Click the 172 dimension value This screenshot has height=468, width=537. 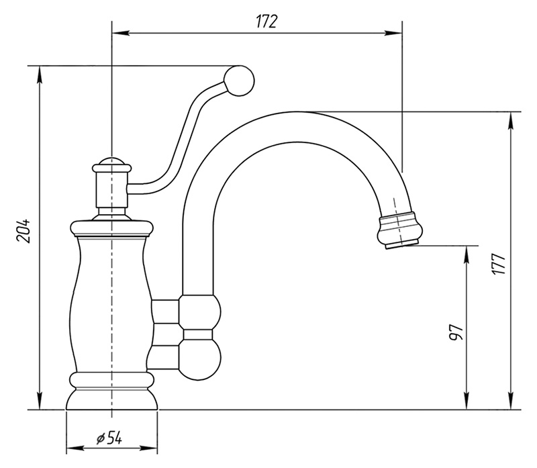point(266,21)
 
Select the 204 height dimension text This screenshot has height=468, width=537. point(24,230)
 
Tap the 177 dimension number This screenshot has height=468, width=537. point(498,263)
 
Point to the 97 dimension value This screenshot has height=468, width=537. point(456,332)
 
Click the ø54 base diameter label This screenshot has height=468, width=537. point(109,438)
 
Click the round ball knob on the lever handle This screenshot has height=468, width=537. point(239,81)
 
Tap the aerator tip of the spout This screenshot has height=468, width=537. point(400,230)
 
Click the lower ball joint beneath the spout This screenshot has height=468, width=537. point(200,360)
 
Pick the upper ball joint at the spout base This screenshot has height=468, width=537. point(200,312)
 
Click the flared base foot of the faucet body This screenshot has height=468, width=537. point(111,399)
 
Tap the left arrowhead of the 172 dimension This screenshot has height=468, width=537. point(121,33)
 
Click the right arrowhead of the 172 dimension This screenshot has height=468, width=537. point(393,33)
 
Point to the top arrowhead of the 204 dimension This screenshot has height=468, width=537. point(40,75)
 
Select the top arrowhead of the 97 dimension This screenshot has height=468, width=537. point(466,254)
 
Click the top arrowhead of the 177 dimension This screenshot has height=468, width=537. point(511,121)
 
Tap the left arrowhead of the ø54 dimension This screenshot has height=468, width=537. point(75,449)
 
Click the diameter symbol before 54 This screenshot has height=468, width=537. point(100,438)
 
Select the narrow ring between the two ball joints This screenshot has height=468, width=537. point(197,334)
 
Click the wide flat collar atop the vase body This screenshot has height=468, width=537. point(111,228)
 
